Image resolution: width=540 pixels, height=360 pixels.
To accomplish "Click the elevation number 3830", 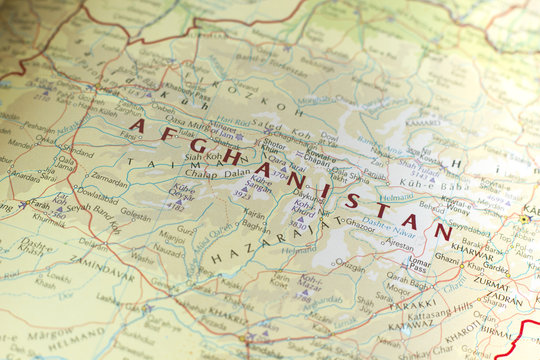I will point(299,225).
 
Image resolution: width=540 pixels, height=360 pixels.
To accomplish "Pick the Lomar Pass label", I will point(418,266).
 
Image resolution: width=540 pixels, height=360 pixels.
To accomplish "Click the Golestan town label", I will point(136,214).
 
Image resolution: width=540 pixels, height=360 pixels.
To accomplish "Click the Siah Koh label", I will point(201,155).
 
